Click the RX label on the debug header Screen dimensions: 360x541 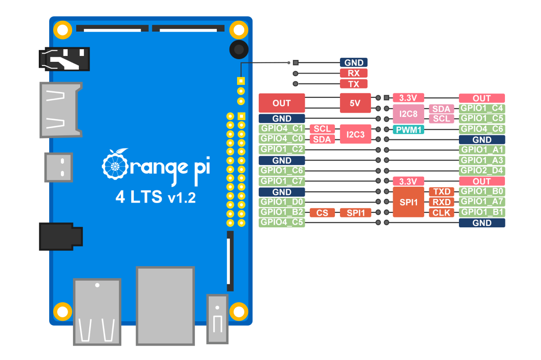(353, 73)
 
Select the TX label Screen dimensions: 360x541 (353, 84)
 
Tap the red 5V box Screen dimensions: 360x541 (355, 103)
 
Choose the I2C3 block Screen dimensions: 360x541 (355, 134)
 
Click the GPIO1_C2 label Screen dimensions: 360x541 (282, 150)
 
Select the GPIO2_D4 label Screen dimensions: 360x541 (481, 171)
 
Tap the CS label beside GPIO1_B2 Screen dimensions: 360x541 (322, 212)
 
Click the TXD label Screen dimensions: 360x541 (442, 192)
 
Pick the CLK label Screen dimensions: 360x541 (442, 212)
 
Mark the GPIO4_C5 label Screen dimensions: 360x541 (282, 222)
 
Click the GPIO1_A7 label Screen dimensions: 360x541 (481, 202)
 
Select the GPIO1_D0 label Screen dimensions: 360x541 (282, 202)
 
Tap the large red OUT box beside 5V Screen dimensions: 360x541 (282, 103)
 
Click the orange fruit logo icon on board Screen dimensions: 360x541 (115, 165)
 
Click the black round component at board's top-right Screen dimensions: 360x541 (238, 49)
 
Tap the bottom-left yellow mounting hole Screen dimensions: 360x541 (62, 311)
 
